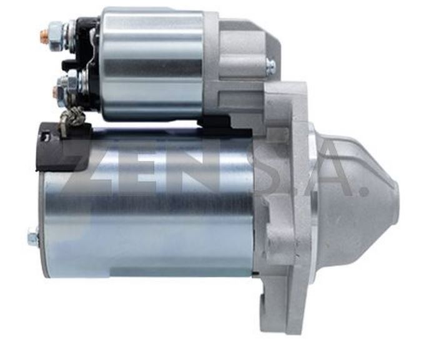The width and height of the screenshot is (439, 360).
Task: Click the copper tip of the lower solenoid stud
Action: [57, 93]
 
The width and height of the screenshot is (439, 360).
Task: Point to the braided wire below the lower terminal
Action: [72, 120]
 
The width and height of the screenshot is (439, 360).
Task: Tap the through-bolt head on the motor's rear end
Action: [32, 236]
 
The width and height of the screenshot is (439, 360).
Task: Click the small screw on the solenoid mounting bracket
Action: [270, 64]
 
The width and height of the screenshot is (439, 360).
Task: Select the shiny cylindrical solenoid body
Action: [153, 62]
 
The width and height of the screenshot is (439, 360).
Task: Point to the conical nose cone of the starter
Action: [359, 187]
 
